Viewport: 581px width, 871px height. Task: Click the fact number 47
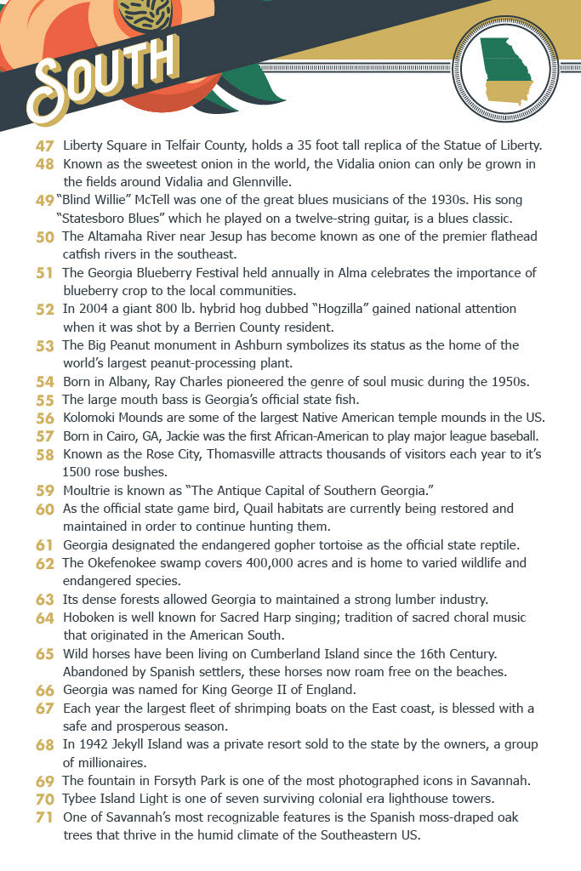tap(45, 145)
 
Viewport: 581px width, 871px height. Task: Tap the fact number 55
tap(45, 400)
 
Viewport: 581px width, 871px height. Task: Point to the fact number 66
tap(45, 690)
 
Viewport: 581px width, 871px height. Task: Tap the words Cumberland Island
tap(290, 654)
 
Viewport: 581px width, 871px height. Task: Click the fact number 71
tap(45, 817)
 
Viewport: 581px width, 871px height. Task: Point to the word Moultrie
tap(90, 491)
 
